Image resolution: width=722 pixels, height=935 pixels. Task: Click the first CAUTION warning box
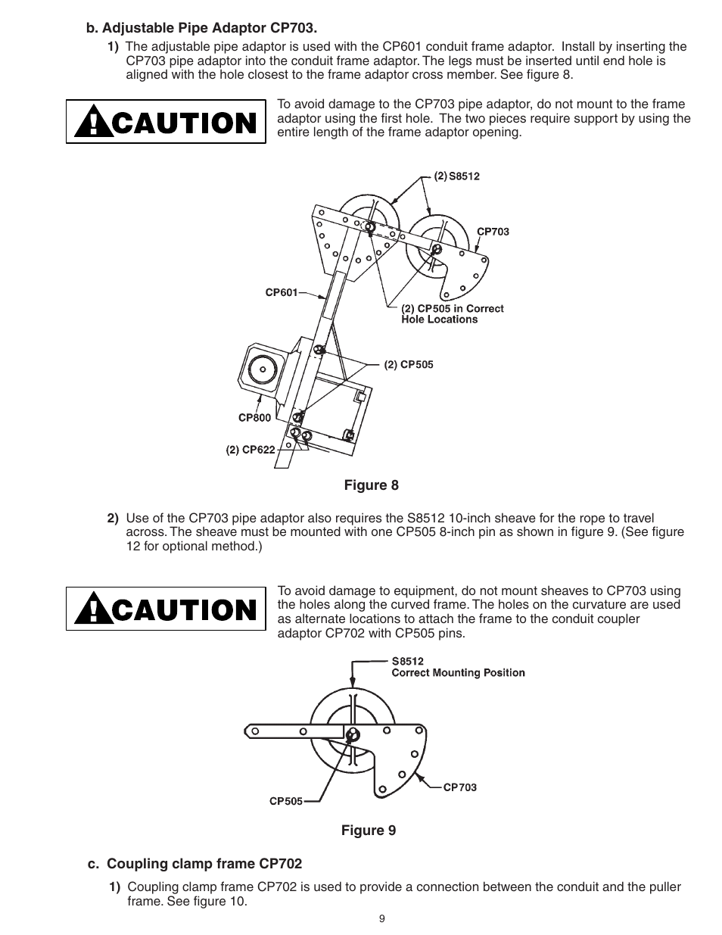pos(166,122)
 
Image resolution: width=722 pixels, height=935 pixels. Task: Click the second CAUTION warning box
pos(166,609)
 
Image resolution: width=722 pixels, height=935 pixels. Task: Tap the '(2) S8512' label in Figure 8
pos(456,176)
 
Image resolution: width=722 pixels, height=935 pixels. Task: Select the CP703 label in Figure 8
pos(493,232)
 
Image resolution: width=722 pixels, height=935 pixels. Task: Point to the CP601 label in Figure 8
pos(281,292)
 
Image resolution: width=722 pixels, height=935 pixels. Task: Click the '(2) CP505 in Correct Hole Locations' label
pos(452,313)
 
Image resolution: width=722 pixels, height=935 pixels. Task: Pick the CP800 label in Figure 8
pos(254,417)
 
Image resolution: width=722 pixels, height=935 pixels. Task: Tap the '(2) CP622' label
pos(251,449)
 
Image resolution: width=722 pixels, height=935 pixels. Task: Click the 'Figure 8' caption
pos(371,485)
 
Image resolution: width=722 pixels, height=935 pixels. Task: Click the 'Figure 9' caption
pos(368,831)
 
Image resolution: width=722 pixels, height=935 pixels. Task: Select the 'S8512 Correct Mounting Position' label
pos(457,667)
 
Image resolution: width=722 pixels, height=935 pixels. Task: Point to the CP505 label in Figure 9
pos(286,801)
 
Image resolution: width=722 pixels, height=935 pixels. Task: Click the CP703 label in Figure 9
pos(459,787)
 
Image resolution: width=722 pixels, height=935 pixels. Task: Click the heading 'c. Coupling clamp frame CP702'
pos(195,864)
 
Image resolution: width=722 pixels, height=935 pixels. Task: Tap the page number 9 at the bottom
pos(381,919)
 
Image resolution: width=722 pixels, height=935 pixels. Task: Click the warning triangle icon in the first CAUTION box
pos(92,123)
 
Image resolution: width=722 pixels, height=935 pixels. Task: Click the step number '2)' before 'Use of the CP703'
pos(112,519)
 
